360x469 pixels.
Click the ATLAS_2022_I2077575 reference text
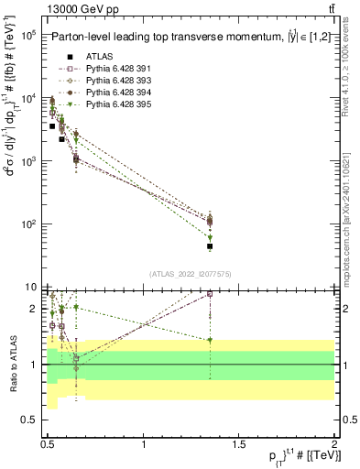coord(191,274)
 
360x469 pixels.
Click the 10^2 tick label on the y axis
coord(27,224)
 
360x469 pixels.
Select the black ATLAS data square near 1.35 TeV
coord(210,246)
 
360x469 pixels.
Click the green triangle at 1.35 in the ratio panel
coord(210,340)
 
